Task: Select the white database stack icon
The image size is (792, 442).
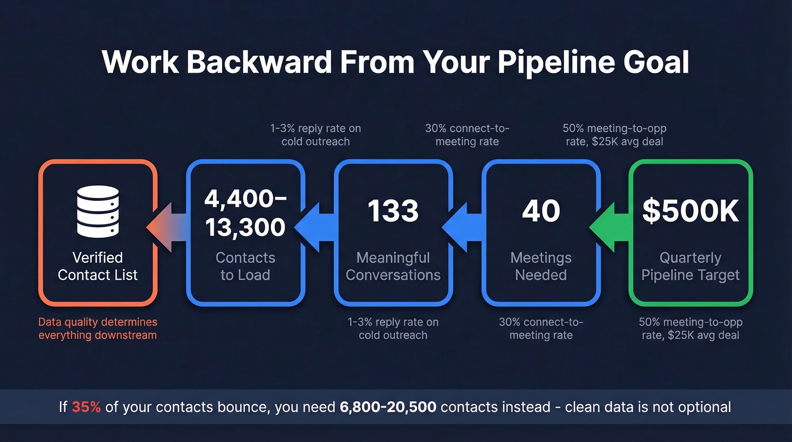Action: click(x=98, y=213)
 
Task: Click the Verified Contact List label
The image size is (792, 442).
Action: click(x=98, y=267)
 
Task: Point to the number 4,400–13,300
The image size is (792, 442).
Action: click(x=245, y=213)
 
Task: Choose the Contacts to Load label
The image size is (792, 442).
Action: click(x=245, y=267)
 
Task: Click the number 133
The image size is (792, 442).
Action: click(x=393, y=211)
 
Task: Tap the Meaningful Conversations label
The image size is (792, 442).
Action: click(x=393, y=267)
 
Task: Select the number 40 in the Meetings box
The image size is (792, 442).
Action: click(x=541, y=211)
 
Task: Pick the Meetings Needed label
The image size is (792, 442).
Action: click(x=541, y=267)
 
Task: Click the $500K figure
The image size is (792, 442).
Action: click(x=691, y=211)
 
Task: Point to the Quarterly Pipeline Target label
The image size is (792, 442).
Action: click(x=691, y=267)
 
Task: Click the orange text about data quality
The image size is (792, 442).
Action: click(x=98, y=328)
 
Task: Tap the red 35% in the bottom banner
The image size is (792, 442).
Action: click(x=86, y=407)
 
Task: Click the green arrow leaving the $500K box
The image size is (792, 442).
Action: click(x=610, y=229)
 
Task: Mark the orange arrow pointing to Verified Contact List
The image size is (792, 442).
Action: click(x=166, y=229)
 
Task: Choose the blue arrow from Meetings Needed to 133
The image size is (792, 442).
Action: click(x=462, y=229)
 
